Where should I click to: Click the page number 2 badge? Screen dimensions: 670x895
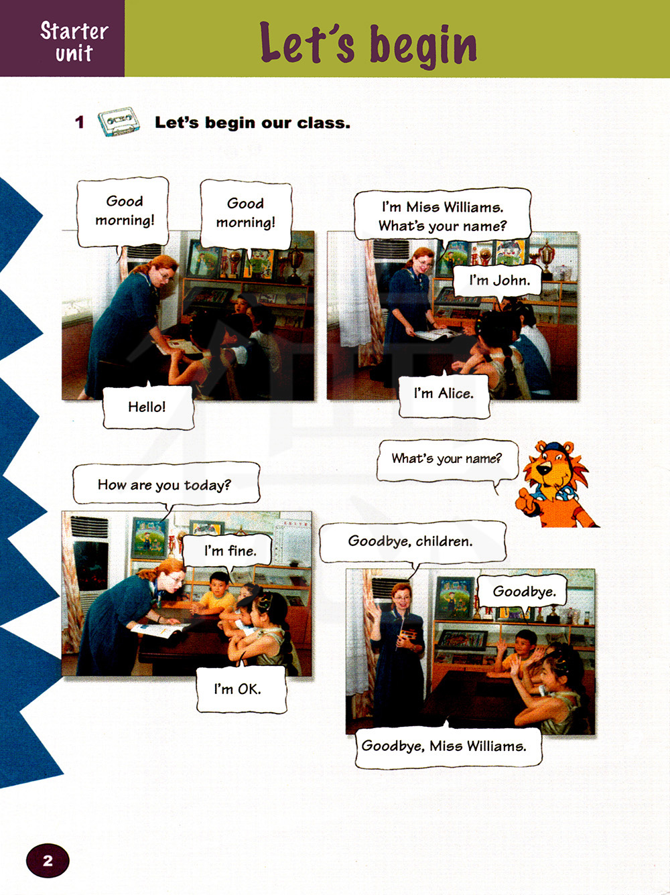click(48, 860)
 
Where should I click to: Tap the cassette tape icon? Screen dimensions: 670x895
click(119, 121)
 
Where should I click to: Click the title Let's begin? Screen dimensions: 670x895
click(368, 44)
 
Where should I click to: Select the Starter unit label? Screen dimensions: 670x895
click(74, 42)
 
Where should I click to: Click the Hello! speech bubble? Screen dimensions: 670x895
click(148, 406)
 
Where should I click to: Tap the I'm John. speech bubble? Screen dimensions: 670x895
click(498, 281)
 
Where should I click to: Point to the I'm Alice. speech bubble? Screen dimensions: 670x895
click(444, 393)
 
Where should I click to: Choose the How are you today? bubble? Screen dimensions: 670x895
click(166, 484)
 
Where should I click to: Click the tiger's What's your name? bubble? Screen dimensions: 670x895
click(448, 460)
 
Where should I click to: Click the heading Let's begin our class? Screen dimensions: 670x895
click(253, 123)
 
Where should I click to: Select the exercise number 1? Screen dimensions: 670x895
click(80, 122)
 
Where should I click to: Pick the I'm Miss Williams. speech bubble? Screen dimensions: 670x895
click(442, 216)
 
